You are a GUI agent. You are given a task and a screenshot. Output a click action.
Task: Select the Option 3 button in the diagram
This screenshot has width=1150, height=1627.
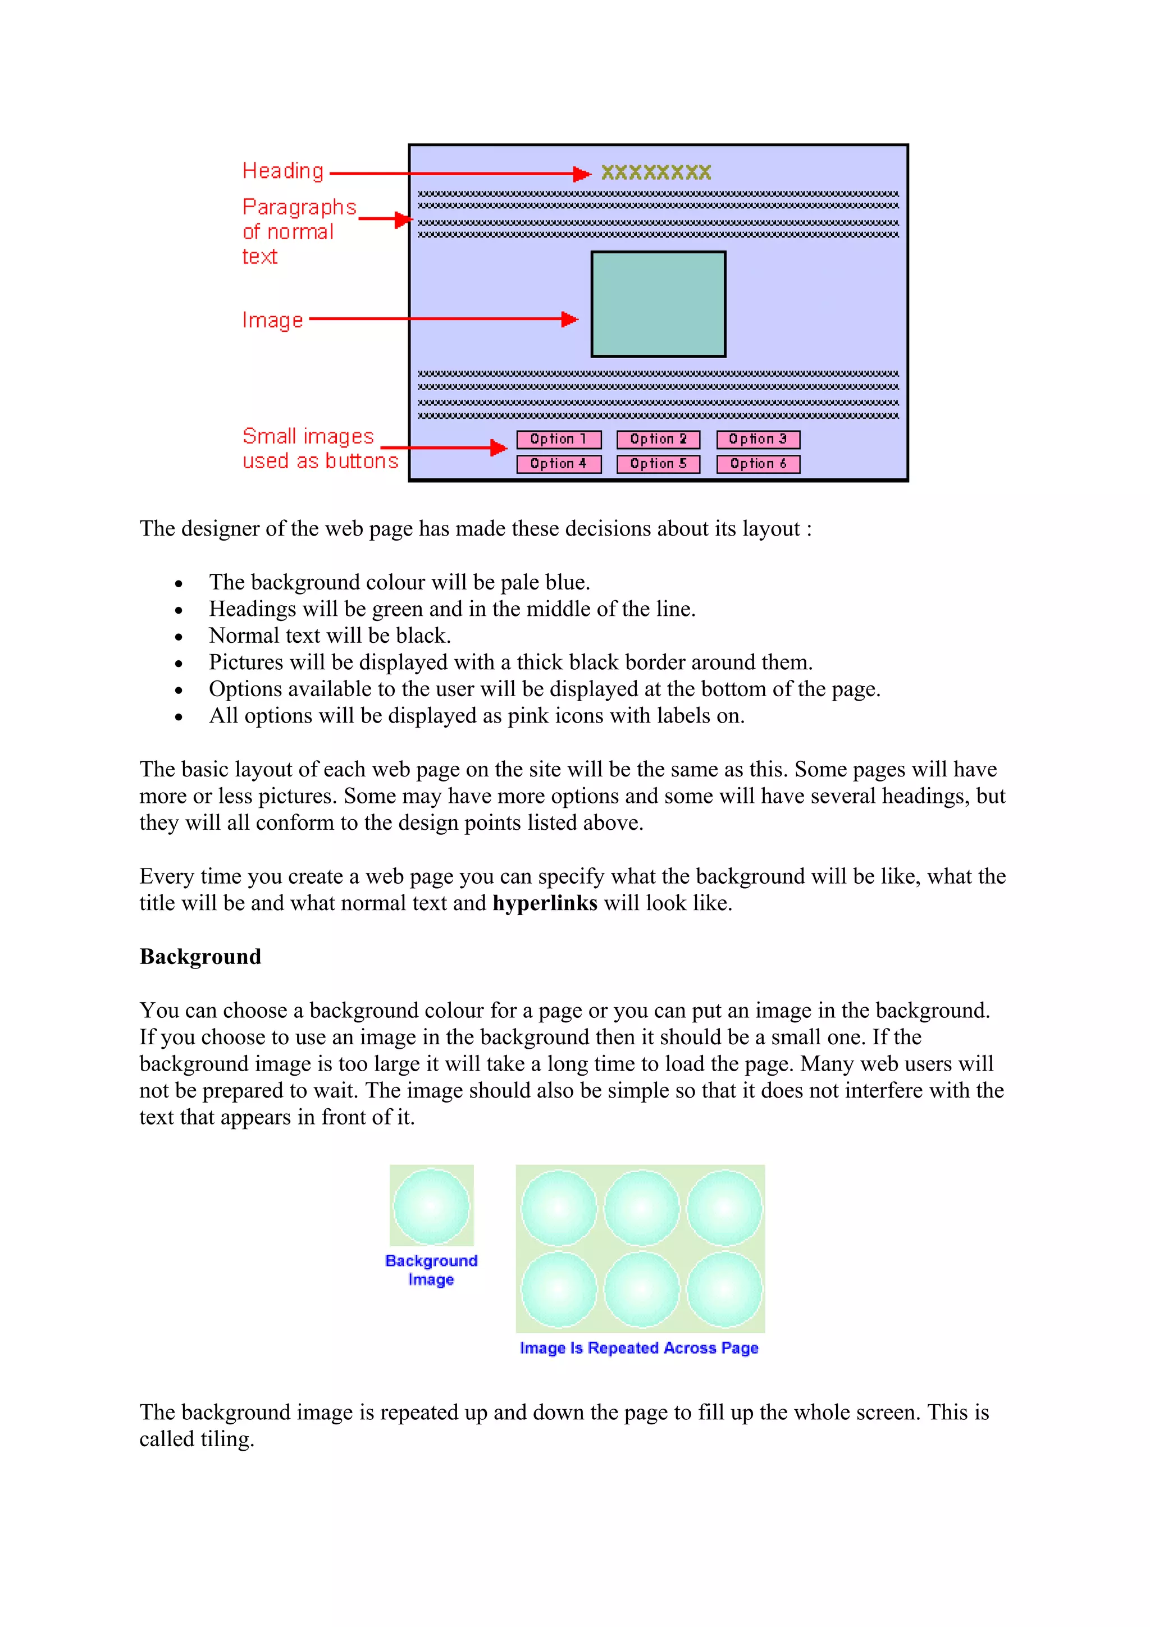pyautogui.click(x=757, y=440)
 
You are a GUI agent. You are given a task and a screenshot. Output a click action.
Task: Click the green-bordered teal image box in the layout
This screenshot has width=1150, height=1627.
pyautogui.click(x=658, y=304)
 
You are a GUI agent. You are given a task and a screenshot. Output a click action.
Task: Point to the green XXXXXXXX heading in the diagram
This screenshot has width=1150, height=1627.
pyautogui.click(x=655, y=172)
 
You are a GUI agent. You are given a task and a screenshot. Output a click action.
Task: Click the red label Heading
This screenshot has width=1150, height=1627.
pyautogui.click(x=282, y=171)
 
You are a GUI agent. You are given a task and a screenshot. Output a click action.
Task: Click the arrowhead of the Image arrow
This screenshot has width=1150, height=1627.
pyautogui.click(x=570, y=319)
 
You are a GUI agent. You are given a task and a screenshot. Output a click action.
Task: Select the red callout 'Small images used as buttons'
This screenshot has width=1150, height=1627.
pyautogui.click(x=320, y=448)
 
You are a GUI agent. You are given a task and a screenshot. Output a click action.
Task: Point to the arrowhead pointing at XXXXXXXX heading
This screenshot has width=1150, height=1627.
pyautogui.click(x=582, y=173)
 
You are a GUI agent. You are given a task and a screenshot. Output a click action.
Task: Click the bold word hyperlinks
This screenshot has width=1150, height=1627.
pyautogui.click(x=544, y=903)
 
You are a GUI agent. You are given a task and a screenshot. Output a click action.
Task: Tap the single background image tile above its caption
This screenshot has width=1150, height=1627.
pyautogui.click(x=431, y=1205)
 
